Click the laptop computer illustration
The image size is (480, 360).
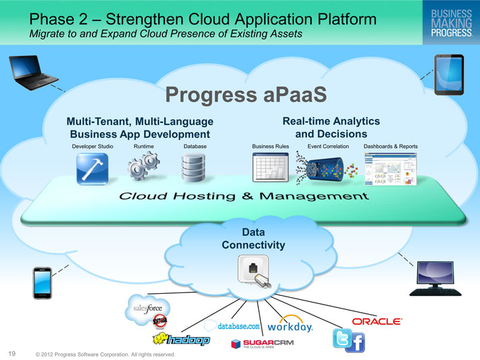point(32,72)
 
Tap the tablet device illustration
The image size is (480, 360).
point(449,74)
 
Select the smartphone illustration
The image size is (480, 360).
point(42,283)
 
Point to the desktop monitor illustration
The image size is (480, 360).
point(435,279)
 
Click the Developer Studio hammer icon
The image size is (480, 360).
point(93,169)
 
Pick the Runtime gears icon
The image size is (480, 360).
point(143,166)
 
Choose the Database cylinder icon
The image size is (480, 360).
point(193,168)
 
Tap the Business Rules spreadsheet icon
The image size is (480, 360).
point(270,168)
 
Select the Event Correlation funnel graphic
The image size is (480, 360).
point(327,169)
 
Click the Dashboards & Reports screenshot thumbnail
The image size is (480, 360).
point(391,169)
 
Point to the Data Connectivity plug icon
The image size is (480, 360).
point(254,271)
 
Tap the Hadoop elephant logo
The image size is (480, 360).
point(181,339)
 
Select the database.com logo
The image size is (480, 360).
point(233,326)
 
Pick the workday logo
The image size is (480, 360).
point(290,325)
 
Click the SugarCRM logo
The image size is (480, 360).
point(263,344)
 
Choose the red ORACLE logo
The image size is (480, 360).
point(377,322)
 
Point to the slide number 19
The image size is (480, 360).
point(12,353)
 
